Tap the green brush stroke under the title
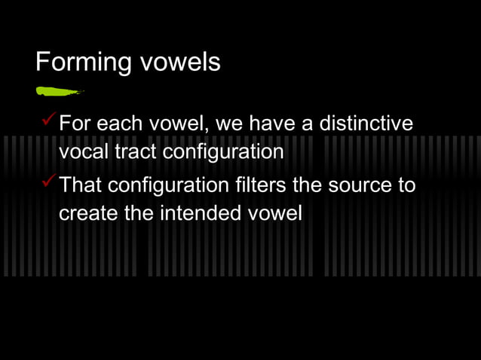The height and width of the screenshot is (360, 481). coord(58,92)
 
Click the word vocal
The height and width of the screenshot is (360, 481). coord(82,151)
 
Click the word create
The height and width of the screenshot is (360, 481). coord(88,213)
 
